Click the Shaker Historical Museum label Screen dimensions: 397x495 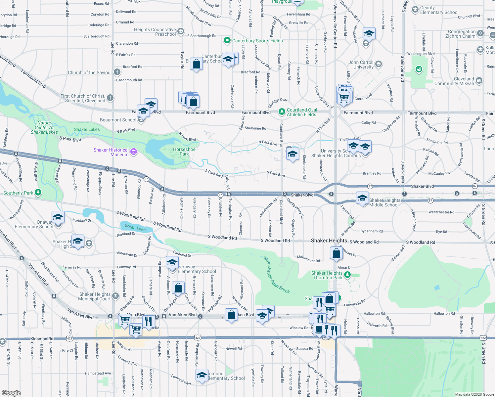(111, 152)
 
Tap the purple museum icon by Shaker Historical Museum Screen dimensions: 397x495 (134, 152)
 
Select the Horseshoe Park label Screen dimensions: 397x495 (184, 152)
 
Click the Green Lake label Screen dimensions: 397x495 (135, 227)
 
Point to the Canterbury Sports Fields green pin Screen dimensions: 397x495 (227, 40)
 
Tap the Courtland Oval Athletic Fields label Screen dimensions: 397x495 (302, 112)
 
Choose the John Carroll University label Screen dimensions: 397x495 (361, 65)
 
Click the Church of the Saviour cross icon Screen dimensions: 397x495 (117, 72)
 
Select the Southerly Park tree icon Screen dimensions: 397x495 (38, 193)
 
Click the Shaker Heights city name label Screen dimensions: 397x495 (329, 241)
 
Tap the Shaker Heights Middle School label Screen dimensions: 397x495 (384, 202)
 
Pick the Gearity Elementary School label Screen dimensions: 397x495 (439, 10)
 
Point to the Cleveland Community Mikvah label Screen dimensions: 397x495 (454, 81)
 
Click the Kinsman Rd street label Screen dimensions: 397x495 (42, 339)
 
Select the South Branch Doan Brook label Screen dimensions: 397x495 (276, 275)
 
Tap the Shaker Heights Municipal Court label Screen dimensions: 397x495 (95, 296)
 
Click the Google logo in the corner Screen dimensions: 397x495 (11, 393)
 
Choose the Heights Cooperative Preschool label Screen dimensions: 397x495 (155, 32)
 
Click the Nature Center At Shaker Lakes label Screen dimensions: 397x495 (44, 127)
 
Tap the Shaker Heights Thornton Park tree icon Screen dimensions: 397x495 (347, 275)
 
